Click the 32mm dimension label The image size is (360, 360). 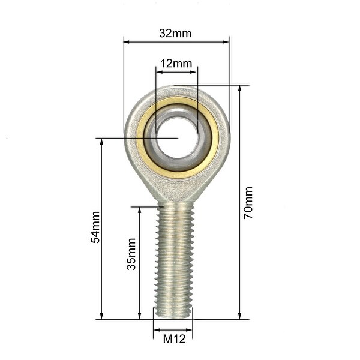175,34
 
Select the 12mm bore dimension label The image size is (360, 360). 176,64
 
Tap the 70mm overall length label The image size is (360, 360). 248,203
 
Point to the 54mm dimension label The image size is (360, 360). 95,227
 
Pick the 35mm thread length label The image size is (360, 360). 131,254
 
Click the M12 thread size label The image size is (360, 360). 174,339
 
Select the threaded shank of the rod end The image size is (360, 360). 174,258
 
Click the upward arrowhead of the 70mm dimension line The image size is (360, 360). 240,88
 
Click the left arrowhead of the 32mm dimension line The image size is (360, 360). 127,42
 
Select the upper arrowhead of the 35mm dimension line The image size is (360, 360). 140,211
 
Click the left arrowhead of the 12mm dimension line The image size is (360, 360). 158,72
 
